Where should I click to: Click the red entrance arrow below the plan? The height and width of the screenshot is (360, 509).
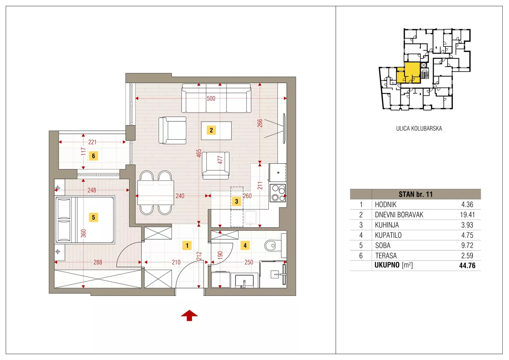click(189, 315)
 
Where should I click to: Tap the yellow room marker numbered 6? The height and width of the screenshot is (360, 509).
click(93, 156)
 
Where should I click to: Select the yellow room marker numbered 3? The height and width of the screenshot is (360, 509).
click(237, 201)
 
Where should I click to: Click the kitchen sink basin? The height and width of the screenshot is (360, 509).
click(251, 217)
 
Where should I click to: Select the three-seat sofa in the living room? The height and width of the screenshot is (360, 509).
click(216, 98)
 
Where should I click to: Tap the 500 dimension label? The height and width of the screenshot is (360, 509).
click(211, 98)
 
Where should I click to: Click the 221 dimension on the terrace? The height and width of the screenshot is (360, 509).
click(92, 142)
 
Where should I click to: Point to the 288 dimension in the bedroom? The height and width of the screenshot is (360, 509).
click(98, 262)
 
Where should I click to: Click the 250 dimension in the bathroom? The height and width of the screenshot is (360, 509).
click(249, 262)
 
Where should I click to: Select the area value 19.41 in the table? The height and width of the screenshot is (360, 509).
click(467, 215)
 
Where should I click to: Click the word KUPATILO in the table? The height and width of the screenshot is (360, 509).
click(388, 235)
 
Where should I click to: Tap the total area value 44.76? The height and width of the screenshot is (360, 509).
click(467, 265)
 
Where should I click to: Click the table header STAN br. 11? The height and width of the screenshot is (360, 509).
click(416, 194)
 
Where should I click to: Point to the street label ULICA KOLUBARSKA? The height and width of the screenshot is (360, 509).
click(419, 128)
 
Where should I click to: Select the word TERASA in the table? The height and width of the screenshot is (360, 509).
click(386, 256)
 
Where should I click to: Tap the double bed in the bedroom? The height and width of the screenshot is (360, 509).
click(85, 220)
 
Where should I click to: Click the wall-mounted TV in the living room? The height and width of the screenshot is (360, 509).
click(284, 129)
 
